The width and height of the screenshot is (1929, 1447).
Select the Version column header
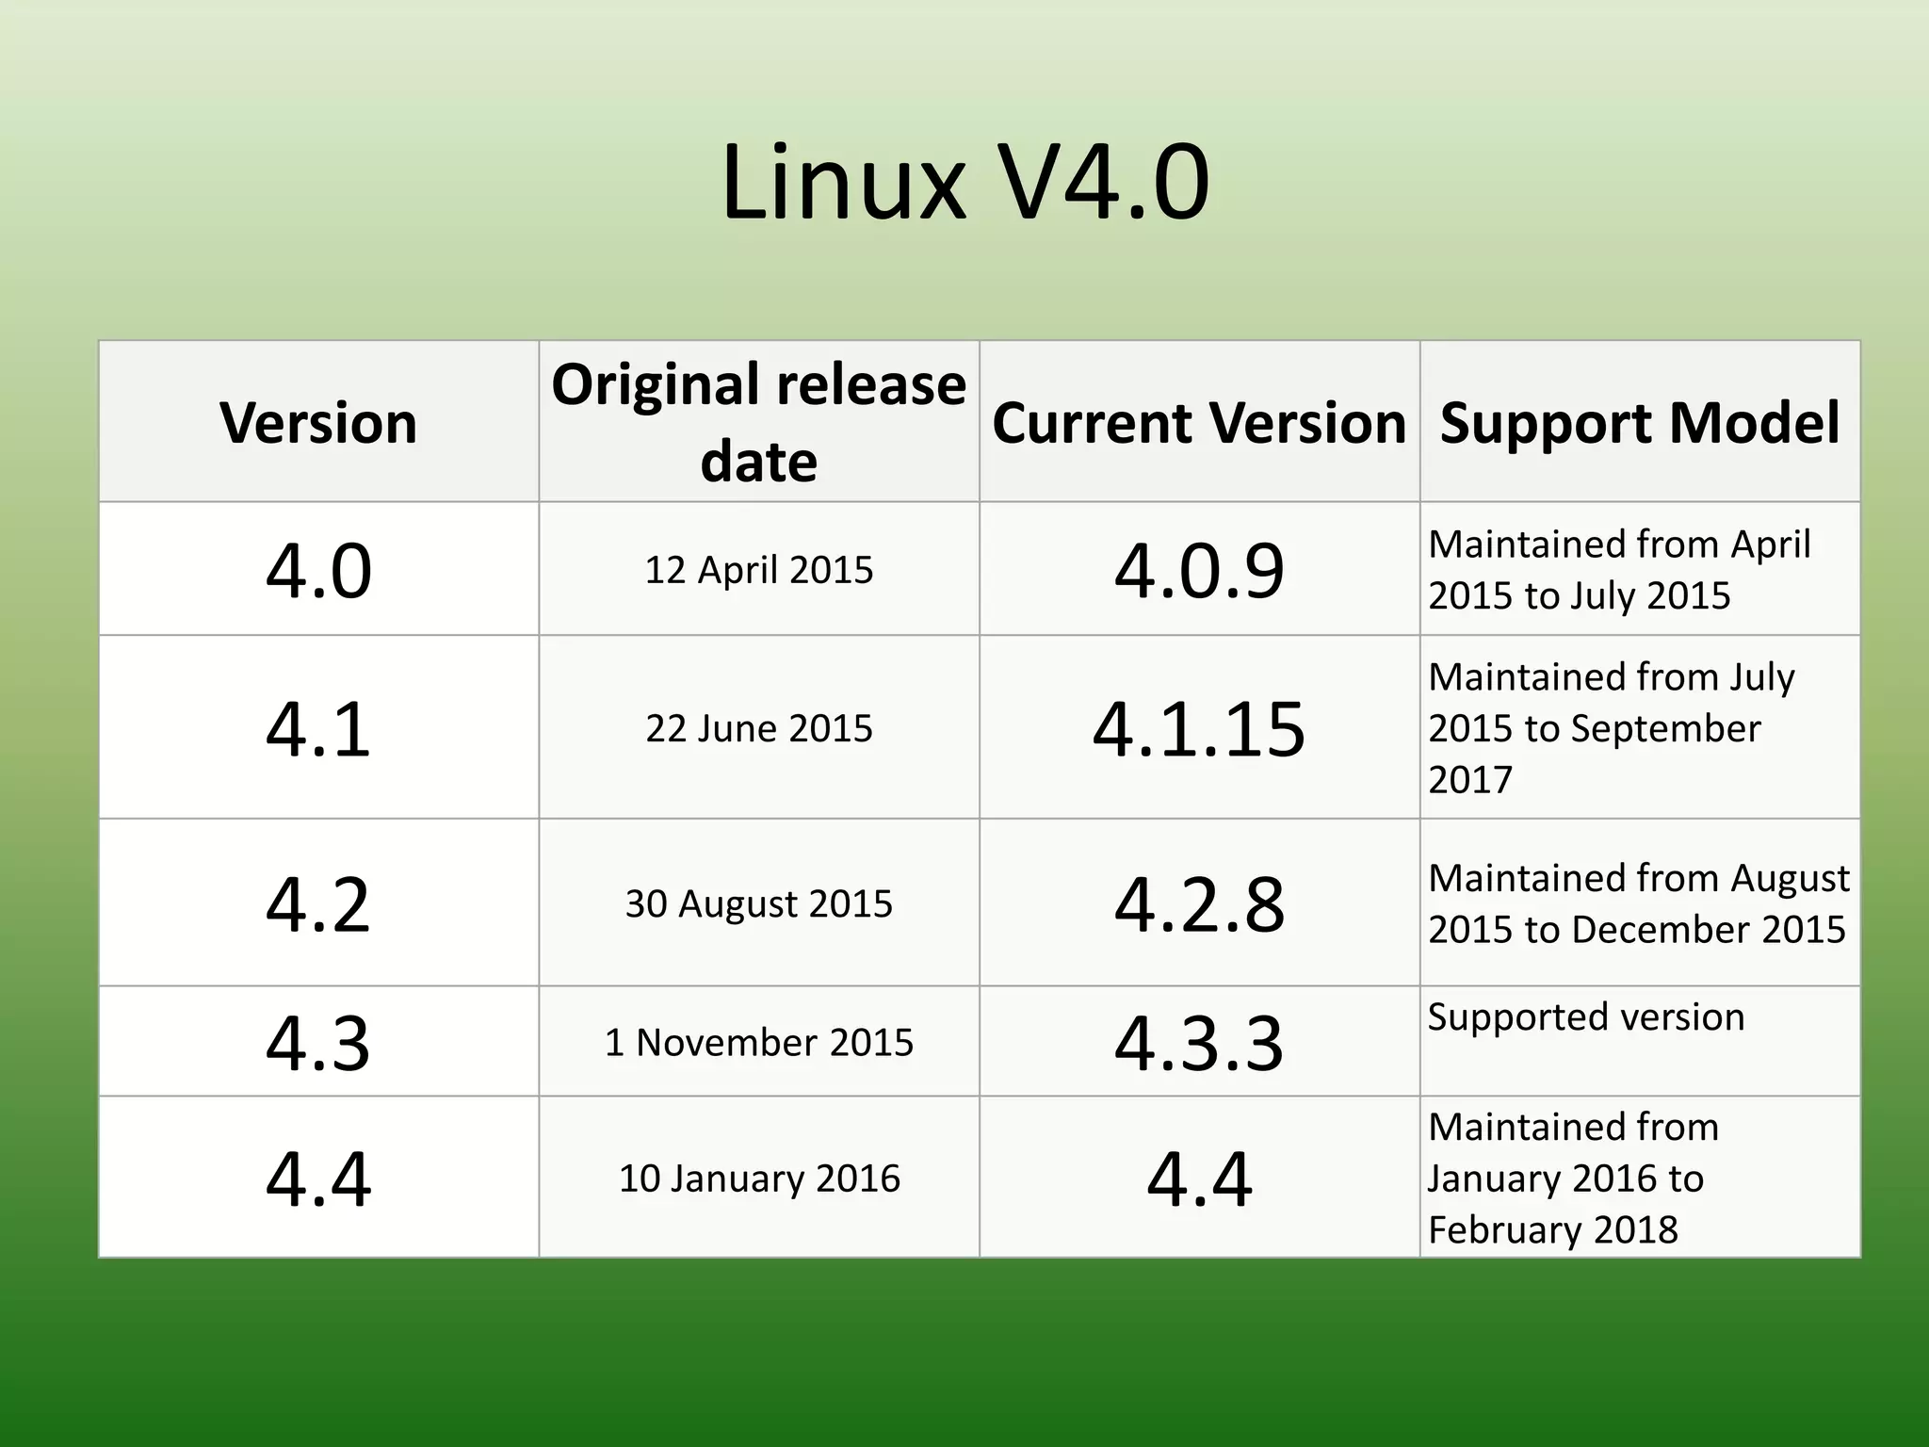click(x=318, y=422)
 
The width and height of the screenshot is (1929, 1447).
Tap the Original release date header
click(x=758, y=422)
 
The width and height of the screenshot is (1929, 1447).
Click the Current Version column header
click(x=1199, y=422)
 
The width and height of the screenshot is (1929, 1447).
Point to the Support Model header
click(x=1640, y=422)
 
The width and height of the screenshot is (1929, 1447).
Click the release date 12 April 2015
click(x=758, y=570)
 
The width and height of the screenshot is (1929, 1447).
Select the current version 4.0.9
click(x=1199, y=570)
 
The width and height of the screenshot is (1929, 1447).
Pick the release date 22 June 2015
click(x=758, y=728)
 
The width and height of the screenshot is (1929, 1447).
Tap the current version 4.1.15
click(x=1199, y=728)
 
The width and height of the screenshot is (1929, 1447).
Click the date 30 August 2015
click(x=758, y=903)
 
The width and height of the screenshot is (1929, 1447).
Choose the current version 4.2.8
click(x=1199, y=903)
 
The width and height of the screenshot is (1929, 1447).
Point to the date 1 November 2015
click(x=758, y=1042)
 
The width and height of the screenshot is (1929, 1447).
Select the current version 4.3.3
click(x=1199, y=1042)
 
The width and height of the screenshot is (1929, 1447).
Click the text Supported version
click(x=1586, y=1017)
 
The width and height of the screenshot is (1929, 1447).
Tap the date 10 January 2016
click(x=758, y=1179)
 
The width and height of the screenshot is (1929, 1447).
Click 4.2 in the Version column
click(x=318, y=903)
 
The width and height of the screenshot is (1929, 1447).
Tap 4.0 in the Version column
click(x=318, y=570)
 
